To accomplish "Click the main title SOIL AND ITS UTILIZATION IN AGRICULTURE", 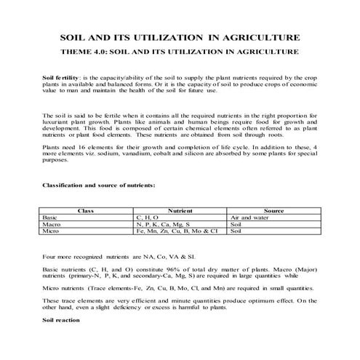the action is (x=180, y=37).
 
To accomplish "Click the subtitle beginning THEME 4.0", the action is (x=180, y=52).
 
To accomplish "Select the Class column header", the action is (x=86, y=210).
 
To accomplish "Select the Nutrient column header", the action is (x=179, y=210).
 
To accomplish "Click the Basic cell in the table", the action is (x=51, y=217).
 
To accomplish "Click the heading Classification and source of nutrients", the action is (x=98, y=185).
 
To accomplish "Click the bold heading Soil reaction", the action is (x=60, y=319).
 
